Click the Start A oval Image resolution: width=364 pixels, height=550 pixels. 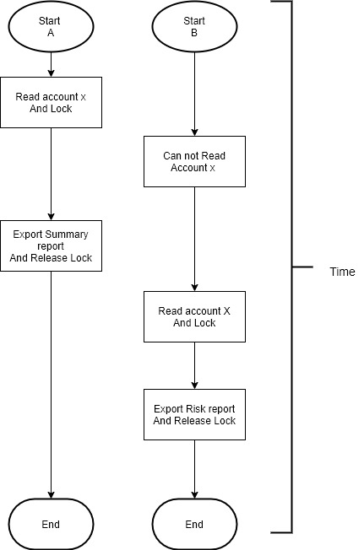51,26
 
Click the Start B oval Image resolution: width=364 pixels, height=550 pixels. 194,26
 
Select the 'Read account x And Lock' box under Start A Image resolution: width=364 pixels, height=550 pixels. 51,102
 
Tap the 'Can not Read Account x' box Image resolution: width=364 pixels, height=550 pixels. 194,161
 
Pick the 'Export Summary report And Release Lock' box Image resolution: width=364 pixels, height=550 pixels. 51,245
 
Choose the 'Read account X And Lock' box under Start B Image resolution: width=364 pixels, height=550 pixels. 194,316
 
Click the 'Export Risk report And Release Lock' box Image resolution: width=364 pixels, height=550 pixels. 194,414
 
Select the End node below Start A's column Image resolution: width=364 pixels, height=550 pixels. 51,524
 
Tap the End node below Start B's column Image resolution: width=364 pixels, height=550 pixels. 194,524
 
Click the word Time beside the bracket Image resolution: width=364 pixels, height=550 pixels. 342,272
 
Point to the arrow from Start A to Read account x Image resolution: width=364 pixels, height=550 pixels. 51,65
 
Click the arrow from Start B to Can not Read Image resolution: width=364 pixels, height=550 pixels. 194,94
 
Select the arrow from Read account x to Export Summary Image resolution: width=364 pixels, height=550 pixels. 51,174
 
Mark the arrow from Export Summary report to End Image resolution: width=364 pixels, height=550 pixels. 51,385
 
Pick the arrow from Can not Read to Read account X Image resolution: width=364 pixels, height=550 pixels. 194,239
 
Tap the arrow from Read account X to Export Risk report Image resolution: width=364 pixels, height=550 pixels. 194,365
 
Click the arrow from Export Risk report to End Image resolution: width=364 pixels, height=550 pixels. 194,469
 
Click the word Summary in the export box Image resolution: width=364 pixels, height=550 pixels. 67,235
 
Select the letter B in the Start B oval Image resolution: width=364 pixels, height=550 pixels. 194,33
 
